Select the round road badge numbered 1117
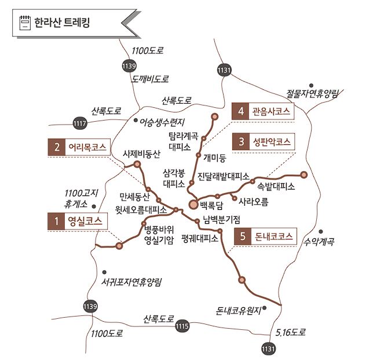click(80, 123)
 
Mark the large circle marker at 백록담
click(193, 204)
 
